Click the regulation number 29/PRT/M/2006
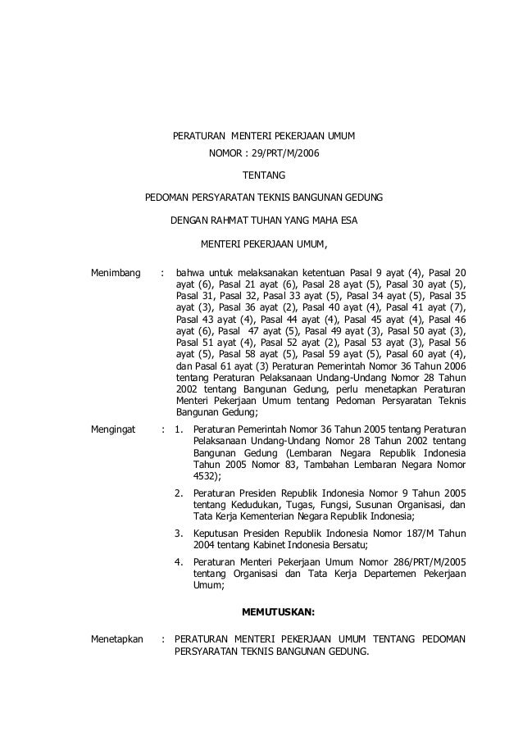coord(280,153)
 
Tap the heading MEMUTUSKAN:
coord(279,611)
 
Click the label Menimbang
coord(116,272)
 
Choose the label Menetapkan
coord(117,638)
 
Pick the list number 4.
coord(179,562)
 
